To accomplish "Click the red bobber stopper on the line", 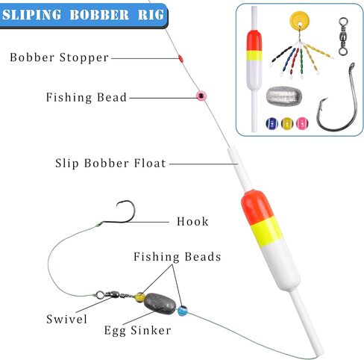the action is coord(181,58).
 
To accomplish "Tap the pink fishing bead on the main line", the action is coord(201,96).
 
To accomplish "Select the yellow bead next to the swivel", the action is coord(139,297).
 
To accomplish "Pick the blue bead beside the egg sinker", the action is coord(183,311).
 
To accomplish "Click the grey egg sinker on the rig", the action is coord(160,304).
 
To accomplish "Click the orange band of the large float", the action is coord(257,208).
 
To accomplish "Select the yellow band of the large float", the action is coord(266,233).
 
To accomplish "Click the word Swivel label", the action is coord(66,319).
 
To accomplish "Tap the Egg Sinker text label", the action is coord(137,331).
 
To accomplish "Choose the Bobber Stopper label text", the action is coord(59,58).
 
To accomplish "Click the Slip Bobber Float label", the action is coord(110,164).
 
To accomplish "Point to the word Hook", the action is coord(192,221).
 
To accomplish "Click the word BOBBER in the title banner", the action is coord(99,15).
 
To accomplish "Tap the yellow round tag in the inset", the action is coord(300,20).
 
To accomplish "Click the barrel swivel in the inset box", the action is coord(343,37).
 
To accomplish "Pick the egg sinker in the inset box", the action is coord(284,96).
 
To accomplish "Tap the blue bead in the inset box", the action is coord(272,123).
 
